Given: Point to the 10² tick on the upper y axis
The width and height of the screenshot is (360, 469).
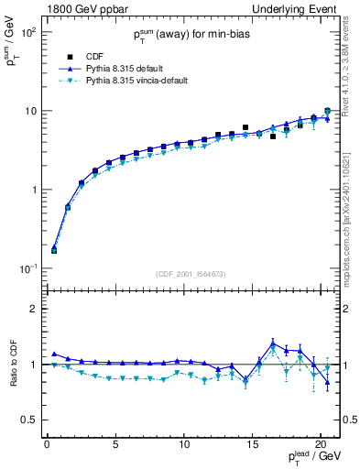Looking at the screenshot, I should coord(27,32).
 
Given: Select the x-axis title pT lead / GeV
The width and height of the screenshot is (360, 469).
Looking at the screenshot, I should coord(311,457).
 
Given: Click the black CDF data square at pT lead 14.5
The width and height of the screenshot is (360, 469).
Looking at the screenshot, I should coord(245,127).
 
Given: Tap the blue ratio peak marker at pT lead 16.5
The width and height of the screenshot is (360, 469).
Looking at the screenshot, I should coord(273,344).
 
